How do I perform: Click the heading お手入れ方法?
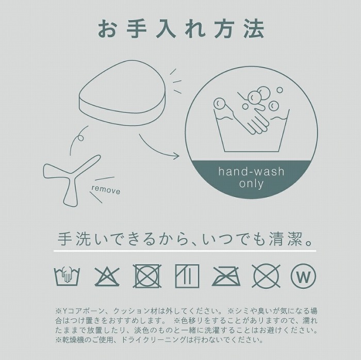click(x=181, y=29)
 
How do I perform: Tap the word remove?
click(x=106, y=190)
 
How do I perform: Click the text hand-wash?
click(x=252, y=172)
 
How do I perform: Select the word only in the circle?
click(x=251, y=184)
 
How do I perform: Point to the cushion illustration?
click(x=122, y=93)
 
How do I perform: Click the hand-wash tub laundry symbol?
click(x=67, y=276)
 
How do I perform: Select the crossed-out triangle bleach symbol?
click(x=107, y=276)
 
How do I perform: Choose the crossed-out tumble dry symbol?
click(x=147, y=276)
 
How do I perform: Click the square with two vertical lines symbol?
click(x=187, y=276)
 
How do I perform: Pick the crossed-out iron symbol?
click(x=226, y=276)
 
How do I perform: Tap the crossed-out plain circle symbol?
click(x=266, y=276)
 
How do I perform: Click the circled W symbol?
click(x=303, y=276)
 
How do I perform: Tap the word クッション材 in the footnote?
click(x=135, y=311)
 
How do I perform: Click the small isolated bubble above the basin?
click(x=280, y=90)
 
